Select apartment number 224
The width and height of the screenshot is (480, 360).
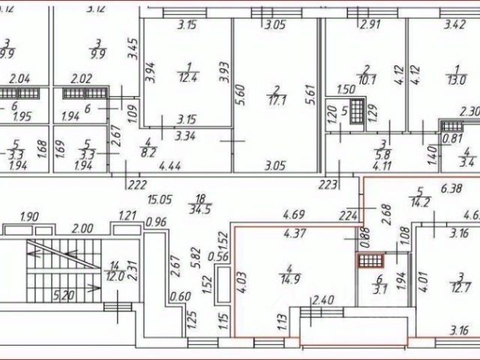coord(345,216)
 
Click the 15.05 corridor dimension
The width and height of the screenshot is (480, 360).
coord(160,199)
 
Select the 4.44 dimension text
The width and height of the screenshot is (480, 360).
coord(172,166)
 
